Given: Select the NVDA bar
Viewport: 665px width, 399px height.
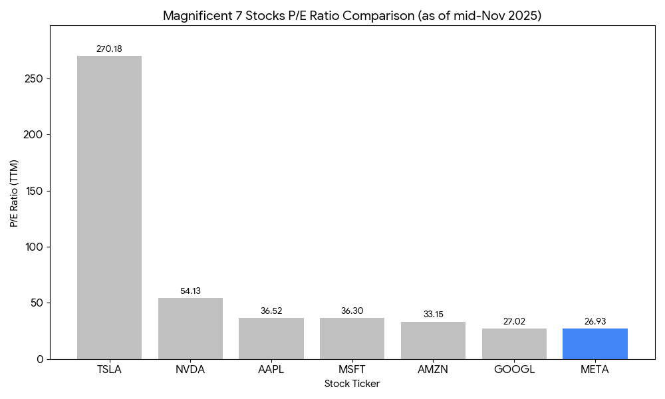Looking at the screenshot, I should coord(190,329).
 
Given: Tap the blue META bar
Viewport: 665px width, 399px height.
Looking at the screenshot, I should coord(595,344).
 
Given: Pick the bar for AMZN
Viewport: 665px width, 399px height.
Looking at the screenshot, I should coord(433,340).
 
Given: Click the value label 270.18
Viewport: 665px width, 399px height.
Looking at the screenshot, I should coord(109,49).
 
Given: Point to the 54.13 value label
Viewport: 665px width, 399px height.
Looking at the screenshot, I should coord(190,291).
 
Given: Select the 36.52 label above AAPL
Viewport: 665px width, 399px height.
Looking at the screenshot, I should coord(271,311).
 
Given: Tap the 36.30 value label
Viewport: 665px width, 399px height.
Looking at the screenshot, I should coord(352,311).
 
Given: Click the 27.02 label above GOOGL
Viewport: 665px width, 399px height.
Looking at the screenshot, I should coord(514,322).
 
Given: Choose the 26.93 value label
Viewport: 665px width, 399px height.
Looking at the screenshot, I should coord(595,322).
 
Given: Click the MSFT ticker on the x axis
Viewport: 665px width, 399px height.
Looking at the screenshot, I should coord(352,370).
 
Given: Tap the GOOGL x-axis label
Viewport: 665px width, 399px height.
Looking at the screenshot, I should coord(514,370).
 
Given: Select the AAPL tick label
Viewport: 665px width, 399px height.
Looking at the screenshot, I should coord(271,370).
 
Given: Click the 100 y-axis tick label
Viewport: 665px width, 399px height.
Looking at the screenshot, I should coord(35,247).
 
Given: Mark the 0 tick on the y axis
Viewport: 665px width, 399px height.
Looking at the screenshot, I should coord(40,359).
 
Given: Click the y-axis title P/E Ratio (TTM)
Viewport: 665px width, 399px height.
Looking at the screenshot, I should coord(14,192).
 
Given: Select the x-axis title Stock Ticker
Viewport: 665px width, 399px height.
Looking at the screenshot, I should coord(352,384).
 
